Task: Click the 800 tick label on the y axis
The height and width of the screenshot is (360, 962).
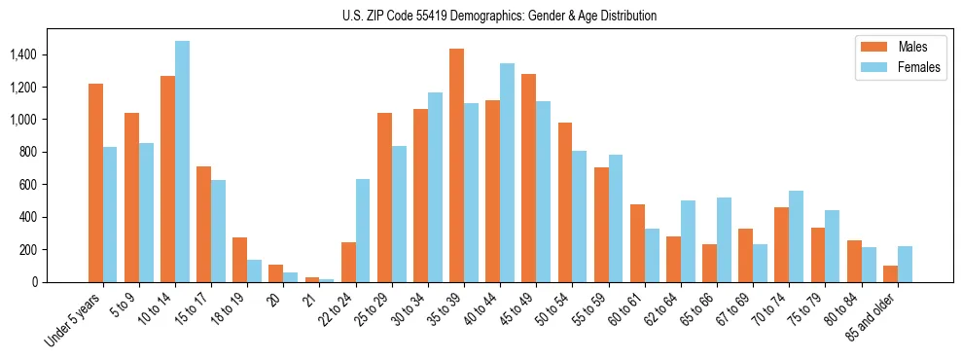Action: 27,152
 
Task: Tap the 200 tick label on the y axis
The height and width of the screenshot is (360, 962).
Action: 27,249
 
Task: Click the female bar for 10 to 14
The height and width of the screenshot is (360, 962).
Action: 183,162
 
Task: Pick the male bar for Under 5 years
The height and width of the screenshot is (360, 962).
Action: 95,183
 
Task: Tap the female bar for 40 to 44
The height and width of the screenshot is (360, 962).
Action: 507,172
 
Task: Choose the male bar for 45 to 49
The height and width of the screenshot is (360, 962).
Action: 528,178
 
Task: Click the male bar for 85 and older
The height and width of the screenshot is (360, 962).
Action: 890,273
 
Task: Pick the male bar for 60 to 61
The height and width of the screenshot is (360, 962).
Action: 637,243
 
